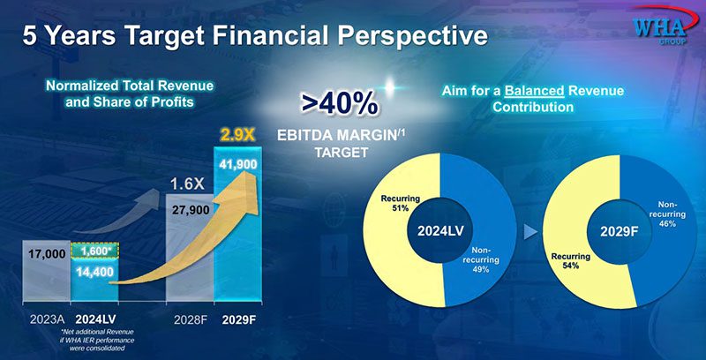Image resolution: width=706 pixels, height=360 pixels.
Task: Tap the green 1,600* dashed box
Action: (96, 251)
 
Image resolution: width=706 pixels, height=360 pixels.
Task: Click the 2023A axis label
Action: (42, 318)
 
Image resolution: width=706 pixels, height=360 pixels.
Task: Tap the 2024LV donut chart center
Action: (440, 234)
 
